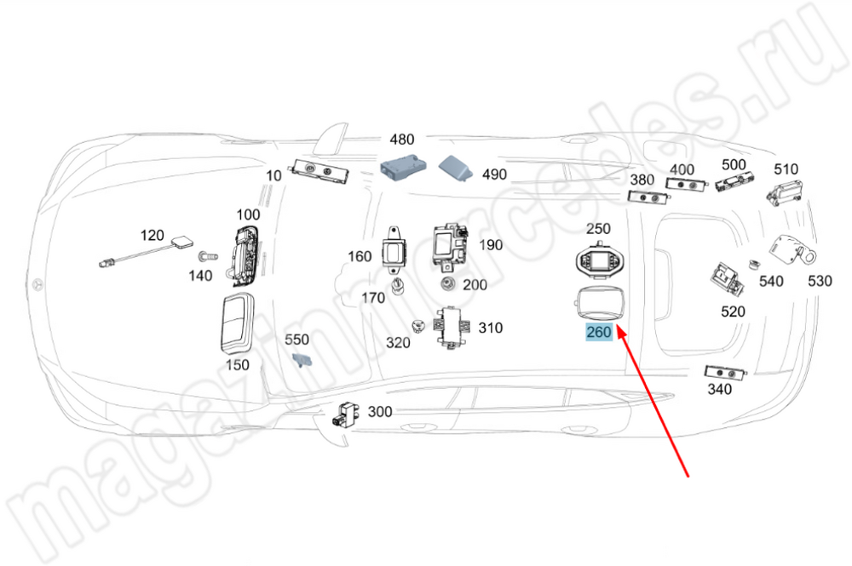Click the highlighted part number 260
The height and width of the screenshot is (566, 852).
[598, 333]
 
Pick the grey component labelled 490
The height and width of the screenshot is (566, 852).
[458, 168]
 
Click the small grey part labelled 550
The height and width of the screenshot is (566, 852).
[301, 360]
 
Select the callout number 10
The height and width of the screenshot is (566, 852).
[273, 176]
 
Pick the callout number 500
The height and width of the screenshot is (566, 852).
[734, 164]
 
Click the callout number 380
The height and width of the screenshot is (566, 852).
[642, 180]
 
